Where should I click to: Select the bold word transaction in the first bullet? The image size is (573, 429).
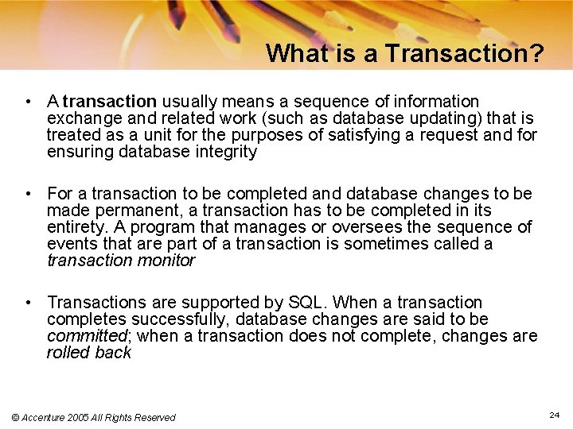110,102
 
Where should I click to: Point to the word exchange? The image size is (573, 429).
80,118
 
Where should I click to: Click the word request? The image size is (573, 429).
450,135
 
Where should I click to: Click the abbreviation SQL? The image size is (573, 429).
307,303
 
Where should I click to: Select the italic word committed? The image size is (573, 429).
81,336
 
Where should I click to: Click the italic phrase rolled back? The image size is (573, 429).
89,353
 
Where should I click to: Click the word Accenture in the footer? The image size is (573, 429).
49,417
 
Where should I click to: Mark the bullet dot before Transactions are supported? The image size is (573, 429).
28,303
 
